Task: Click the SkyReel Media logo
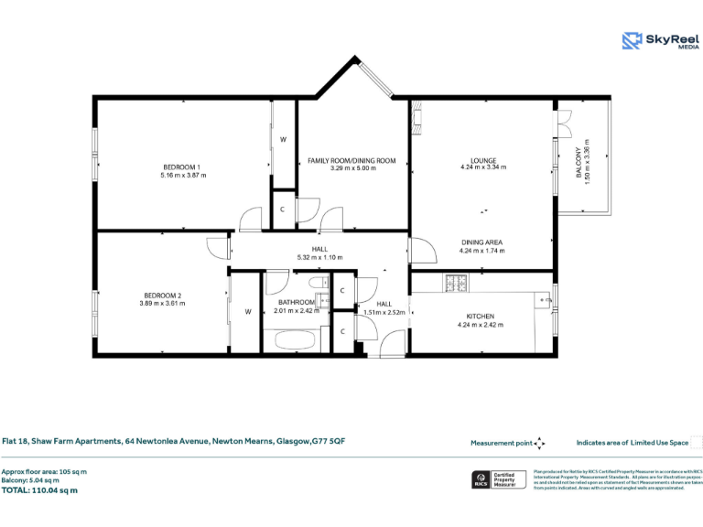(x=660, y=40)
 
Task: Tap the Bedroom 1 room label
(x=183, y=167)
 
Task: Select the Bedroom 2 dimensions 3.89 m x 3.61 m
(x=162, y=303)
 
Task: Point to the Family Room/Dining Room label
(x=351, y=160)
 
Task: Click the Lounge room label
(x=482, y=160)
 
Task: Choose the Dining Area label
(x=481, y=242)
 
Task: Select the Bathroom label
(x=297, y=302)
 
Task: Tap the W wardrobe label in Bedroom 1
(x=283, y=139)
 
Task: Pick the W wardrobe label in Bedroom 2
(x=247, y=311)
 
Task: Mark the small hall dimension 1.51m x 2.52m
(x=384, y=312)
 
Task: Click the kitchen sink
(x=544, y=299)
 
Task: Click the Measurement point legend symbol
(x=540, y=443)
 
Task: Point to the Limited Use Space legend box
(x=696, y=442)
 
